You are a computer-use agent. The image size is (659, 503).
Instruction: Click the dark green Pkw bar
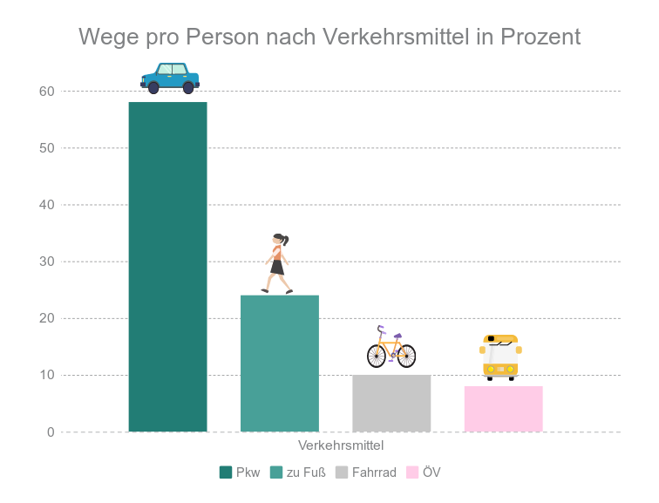point(167,267)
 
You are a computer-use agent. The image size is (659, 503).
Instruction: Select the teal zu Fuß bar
point(279,364)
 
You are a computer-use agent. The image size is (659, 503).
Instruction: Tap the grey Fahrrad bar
point(391,404)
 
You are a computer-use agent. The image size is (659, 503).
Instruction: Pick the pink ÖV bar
point(503,409)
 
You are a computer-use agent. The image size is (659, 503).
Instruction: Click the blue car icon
point(170,78)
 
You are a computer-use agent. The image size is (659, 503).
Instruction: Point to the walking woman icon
point(277,263)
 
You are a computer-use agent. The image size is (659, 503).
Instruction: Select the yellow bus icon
point(500,357)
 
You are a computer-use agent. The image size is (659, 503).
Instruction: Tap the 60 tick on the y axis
point(46,92)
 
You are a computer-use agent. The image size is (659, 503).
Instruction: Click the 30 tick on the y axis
point(46,262)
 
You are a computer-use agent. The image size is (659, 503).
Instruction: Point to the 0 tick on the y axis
point(51,432)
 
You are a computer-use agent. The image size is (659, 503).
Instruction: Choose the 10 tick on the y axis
point(46,376)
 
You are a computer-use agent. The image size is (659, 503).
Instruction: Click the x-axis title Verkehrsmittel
point(341,445)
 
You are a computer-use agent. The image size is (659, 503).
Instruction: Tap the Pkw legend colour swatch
point(226,472)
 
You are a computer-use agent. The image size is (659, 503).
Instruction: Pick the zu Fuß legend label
point(306,472)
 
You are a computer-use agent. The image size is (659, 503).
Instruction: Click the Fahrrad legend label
point(374,472)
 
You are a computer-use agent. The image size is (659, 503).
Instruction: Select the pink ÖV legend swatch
point(412,472)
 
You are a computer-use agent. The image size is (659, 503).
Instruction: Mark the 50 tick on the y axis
point(46,148)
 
